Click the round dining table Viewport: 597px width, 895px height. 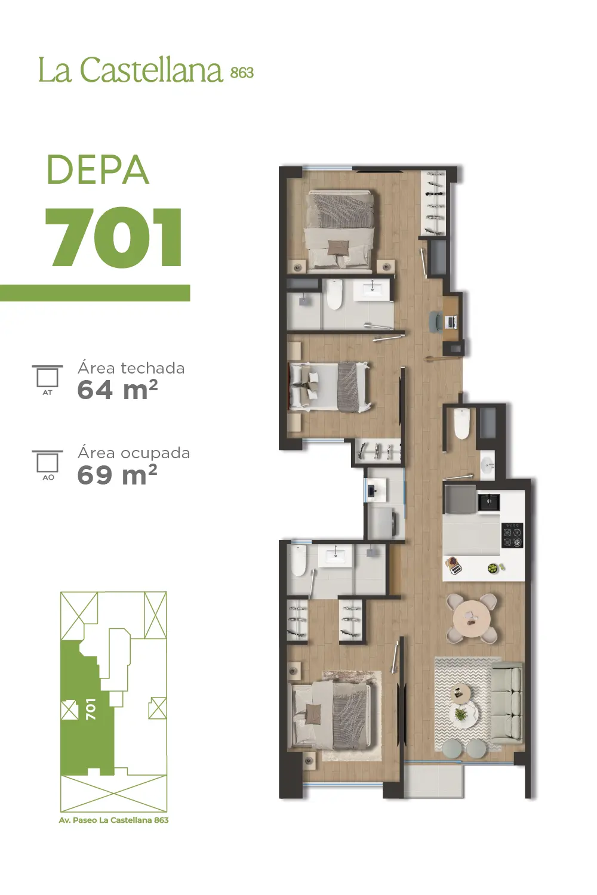(x=472, y=618)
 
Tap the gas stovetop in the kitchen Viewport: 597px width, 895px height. (x=512, y=535)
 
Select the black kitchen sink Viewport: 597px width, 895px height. (x=488, y=502)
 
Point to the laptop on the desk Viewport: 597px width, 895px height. (x=452, y=322)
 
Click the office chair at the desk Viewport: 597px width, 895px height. (x=435, y=322)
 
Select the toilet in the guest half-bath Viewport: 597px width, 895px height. (x=461, y=423)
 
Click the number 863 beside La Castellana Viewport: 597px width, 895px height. (x=242, y=72)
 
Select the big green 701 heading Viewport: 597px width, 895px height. (x=114, y=237)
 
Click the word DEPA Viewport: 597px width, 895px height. (x=98, y=169)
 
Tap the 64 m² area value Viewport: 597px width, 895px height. (x=118, y=390)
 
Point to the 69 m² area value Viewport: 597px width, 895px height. (x=117, y=475)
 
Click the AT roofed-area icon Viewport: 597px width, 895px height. (x=47, y=379)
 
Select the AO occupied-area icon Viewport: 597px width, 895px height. (x=48, y=465)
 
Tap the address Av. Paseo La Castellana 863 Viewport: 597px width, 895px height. (x=113, y=820)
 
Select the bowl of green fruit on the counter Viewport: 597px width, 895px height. (x=493, y=567)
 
